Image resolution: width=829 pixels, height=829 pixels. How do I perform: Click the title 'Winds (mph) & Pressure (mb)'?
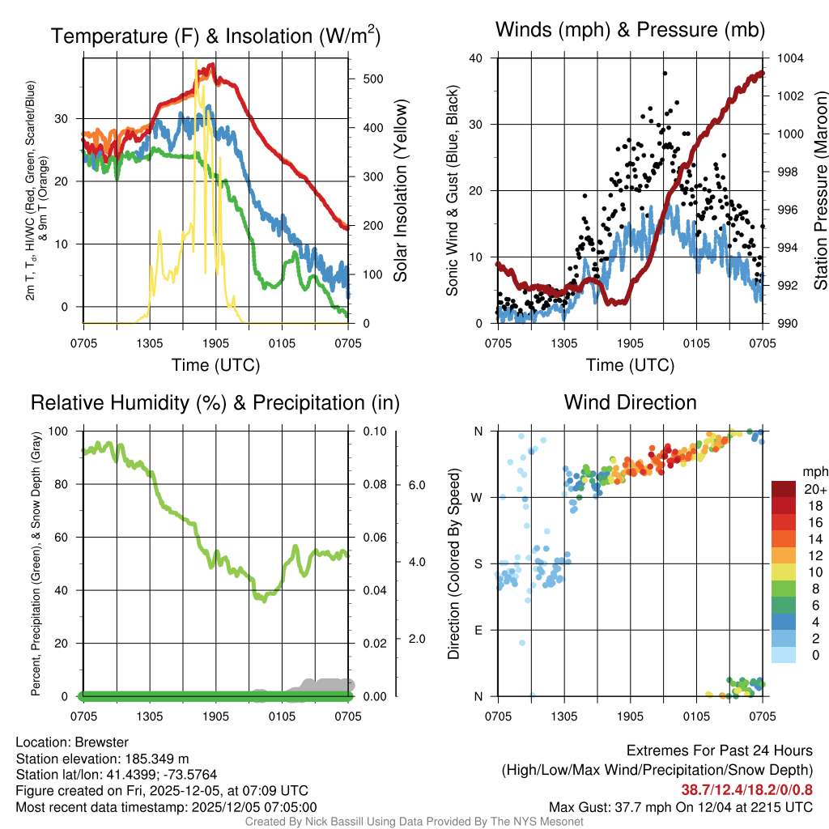pyautogui.click(x=630, y=31)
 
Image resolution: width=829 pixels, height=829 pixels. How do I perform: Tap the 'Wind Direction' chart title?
pyautogui.click(x=630, y=402)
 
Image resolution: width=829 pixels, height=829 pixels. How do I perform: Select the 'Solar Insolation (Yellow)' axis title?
pyautogui.click(x=401, y=191)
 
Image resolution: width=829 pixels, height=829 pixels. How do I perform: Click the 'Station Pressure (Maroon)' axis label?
pyautogui.click(x=820, y=191)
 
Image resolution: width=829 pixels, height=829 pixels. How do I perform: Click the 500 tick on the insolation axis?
pyautogui.click(x=373, y=79)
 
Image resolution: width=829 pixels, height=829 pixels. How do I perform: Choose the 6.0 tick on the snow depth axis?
pyautogui.click(x=417, y=485)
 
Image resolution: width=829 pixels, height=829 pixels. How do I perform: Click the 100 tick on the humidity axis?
pyautogui.click(x=61, y=432)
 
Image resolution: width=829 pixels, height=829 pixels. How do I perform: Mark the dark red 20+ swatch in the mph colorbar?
pyautogui.click(x=785, y=489)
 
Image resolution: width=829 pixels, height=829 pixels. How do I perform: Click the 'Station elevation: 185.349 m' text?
pyautogui.click(x=102, y=759)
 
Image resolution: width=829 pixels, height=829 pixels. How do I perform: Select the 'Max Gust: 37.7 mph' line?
pyautogui.click(x=681, y=807)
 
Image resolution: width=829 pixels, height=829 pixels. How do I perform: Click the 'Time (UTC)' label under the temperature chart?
pyautogui.click(x=215, y=365)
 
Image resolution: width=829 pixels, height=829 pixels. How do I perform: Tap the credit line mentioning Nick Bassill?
pyautogui.click(x=414, y=822)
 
